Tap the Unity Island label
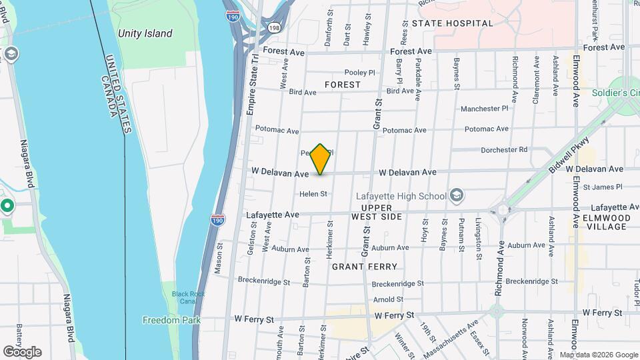(x=145, y=33)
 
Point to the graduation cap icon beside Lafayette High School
(x=457, y=195)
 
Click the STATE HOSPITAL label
(x=453, y=23)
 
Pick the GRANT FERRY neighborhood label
(x=365, y=267)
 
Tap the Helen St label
(x=313, y=194)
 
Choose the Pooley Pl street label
(x=360, y=72)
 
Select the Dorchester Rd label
(x=504, y=149)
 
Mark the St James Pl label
(x=602, y=187)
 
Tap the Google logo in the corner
(x=22, y=351)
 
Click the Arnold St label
(x=388, y=299)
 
